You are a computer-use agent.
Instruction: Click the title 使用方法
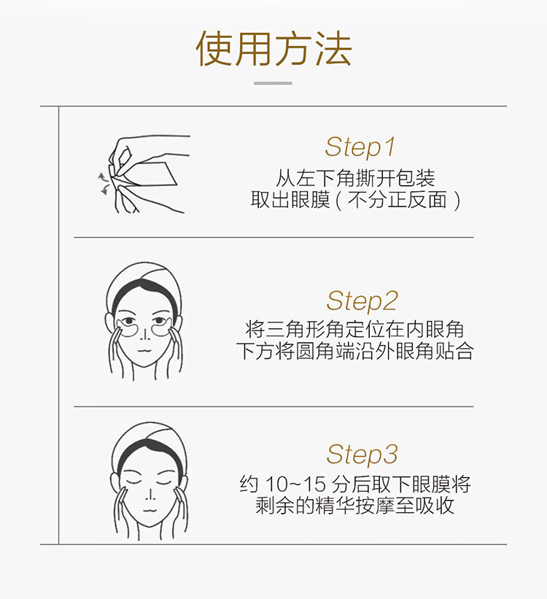(x=273, y=48)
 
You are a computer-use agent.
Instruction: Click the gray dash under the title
(x=273, y=83)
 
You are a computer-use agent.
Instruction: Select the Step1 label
(x=360, y=147)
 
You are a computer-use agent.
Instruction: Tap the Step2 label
(x=362, y=301)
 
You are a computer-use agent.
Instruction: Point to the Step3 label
(x=362, y=455)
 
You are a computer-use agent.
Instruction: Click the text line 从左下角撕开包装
(x=356, y=177)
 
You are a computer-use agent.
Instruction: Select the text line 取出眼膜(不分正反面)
(x=356, y=200)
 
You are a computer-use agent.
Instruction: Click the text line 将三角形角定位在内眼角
(x=355, y=329)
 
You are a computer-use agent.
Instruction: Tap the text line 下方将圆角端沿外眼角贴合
(x=355, y=351)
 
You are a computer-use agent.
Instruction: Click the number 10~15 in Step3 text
(x=295, y=484)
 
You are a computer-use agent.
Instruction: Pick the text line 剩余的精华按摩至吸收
(x=355, y=506)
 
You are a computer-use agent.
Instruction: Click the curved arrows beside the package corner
(x=103, y=183)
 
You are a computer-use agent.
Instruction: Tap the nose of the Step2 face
(x=144, y=333)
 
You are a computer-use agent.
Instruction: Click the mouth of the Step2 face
(x=144, y=350)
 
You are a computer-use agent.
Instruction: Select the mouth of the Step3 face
(x=150, y=511)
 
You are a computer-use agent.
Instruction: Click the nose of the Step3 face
(x=150, y=493)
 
